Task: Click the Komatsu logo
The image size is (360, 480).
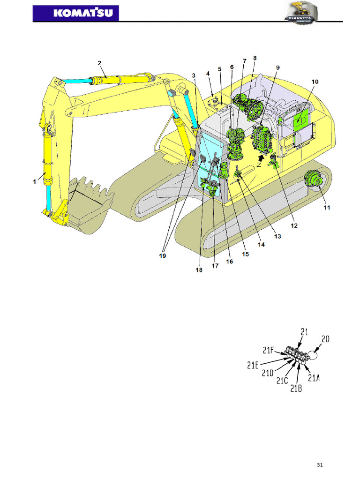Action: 75,13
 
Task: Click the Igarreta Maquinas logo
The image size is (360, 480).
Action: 300,13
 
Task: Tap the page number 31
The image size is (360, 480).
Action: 320,465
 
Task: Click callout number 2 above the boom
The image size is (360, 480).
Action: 99,63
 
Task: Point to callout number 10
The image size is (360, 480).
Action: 315,82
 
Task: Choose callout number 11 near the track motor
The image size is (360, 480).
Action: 327,208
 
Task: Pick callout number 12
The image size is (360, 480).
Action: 294,225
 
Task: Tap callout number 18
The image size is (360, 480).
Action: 199,270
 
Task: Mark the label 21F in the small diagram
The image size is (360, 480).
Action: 269,350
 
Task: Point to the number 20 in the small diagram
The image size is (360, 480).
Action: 325,338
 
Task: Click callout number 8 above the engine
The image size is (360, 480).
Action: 255,58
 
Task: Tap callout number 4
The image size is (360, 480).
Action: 208,74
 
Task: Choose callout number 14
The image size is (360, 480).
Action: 261,245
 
